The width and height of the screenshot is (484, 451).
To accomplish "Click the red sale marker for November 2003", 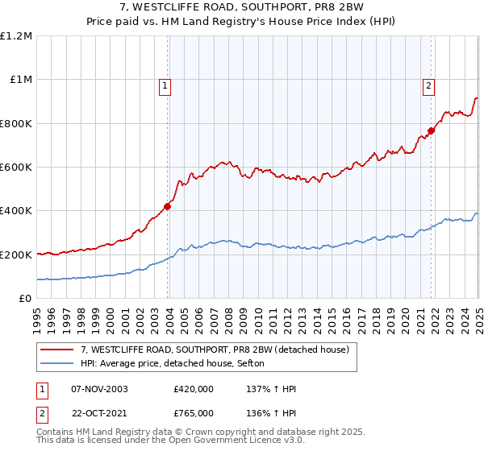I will [168, 206].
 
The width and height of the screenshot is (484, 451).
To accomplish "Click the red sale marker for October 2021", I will [432, 130].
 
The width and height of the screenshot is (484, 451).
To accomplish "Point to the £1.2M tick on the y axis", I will [16, 36].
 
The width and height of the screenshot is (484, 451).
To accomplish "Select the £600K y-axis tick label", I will [16, 168].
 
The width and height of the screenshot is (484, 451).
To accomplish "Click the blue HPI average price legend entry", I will [178, 364].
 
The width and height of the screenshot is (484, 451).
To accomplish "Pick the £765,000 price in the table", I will [193, 412].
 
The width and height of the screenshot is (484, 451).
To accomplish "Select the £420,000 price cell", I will [193, 389].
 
